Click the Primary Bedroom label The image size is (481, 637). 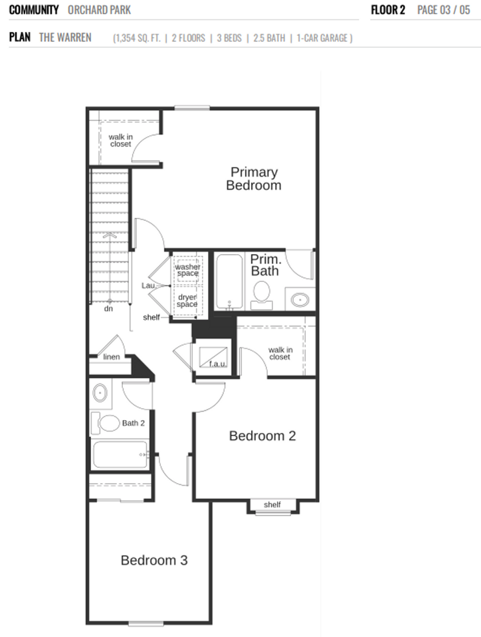[253, 178]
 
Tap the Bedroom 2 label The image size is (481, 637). [262, 436]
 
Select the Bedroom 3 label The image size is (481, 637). [154, 560]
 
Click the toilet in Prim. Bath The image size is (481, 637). [262, 293]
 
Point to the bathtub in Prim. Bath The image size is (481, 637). [230, 281]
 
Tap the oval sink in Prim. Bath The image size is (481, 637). [300, 300]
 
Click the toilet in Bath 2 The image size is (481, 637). [106, 422]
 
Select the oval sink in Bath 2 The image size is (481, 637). [101, 392]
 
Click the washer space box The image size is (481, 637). [187, 270]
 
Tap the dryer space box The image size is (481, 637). [187, 301]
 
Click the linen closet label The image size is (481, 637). [112, 357]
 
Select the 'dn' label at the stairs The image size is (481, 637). [108, 309]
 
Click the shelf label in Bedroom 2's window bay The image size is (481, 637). [272, 505]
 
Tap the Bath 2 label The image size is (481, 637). [133, 423]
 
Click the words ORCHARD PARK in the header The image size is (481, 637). [99, 10]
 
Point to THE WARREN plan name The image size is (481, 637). [65, 37]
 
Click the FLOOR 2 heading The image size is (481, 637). [388, 10]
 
